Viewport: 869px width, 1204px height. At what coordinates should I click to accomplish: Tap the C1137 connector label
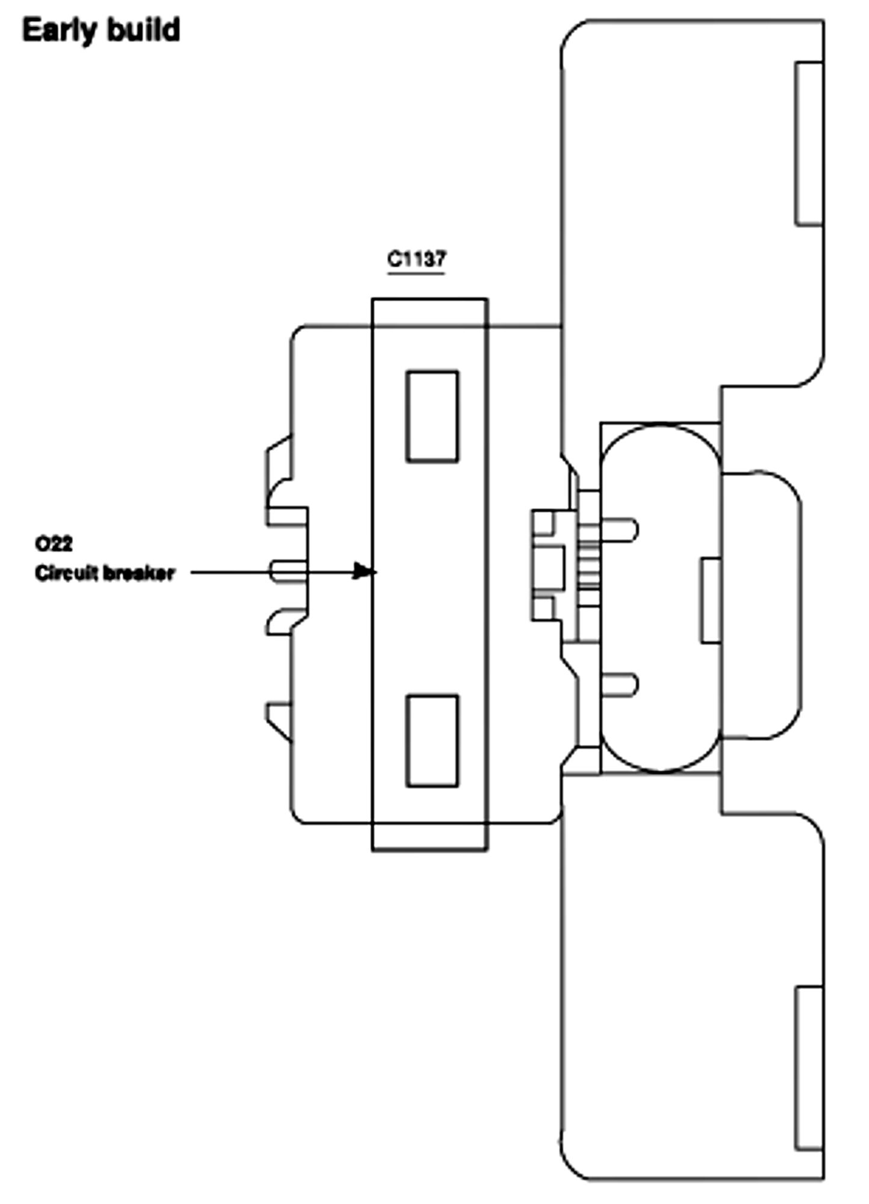pos(417,259)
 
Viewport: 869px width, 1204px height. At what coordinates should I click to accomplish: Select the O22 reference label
pos(54,544)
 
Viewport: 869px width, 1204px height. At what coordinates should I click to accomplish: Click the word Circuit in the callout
pos(66,573)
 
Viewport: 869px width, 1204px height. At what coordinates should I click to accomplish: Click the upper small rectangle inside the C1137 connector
pos(432,416)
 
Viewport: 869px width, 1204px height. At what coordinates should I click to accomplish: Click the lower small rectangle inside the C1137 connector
pos(432,740)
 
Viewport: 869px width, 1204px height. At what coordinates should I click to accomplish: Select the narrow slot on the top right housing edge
pos(809,143)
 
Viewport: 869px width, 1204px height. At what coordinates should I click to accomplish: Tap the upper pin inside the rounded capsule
pos(619,529)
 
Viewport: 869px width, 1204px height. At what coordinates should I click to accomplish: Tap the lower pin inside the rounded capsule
pos(618,685)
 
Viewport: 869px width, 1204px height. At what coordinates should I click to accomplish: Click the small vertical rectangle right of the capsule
pos(711,600)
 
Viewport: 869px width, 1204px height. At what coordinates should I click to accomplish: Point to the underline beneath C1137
pos(417,274)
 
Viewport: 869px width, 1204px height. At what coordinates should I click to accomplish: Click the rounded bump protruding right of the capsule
pos(762,605)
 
